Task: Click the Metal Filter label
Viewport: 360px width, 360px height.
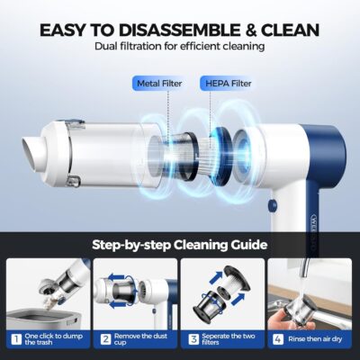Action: (x=158, y=83)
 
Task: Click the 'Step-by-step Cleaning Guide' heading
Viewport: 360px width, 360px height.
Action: (x=180, y=243)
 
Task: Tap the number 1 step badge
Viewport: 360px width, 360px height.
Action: (x=14, y=340)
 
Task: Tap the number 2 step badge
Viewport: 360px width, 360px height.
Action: (x=104, y=340)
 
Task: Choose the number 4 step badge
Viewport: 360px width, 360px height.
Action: (x=278, y=340)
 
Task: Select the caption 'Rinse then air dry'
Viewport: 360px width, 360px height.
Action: (x=315, y=340)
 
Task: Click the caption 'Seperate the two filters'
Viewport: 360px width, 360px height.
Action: (x=229, y=340)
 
